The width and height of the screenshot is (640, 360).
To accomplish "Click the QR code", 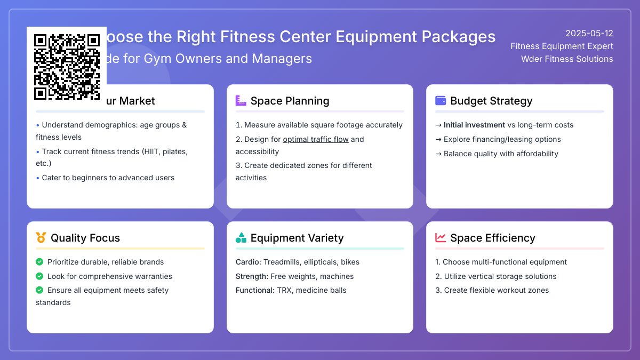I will (x=67, y=67).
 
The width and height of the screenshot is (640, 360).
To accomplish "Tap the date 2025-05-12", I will (x=589, y=33).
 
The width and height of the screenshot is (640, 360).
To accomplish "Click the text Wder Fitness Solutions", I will (x=567, y=59).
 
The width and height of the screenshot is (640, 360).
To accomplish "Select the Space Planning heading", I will (x=290, y=101).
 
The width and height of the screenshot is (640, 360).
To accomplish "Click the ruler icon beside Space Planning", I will (x=241, y=100).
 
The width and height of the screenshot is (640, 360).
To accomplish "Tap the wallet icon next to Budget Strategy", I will (x=441, y=100).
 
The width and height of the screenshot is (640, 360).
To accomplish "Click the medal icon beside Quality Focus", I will (x=41, y=237).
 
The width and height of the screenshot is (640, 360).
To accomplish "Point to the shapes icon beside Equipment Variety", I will (x=241, y=237).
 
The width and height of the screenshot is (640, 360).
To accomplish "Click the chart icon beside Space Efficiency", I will (x=441, y=237).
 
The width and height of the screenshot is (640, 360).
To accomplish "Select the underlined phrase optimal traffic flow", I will (x=316, y=139).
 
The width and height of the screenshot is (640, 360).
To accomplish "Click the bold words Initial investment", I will (x=474, y=125).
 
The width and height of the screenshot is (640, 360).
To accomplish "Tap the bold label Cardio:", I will (x=248, y=262).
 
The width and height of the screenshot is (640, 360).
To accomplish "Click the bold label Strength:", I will (x=252, y=276).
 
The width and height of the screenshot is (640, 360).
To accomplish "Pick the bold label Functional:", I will (x=255, y=290).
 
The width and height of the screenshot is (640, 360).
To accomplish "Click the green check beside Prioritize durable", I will (x=39, y=262).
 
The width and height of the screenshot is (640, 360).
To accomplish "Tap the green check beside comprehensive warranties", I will (x=39, y=276).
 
